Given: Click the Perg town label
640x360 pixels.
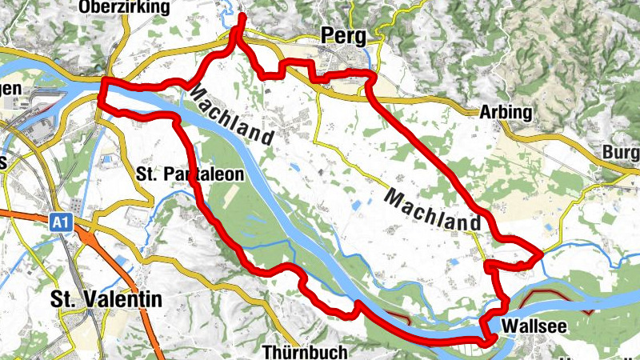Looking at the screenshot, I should pos(343,35).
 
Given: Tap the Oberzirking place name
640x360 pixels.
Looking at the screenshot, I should pos(125,8).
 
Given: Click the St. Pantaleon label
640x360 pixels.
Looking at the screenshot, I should pos(190,174).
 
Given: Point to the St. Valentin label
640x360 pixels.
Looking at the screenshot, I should pos(106,300).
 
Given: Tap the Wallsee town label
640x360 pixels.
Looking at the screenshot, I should pos(535,326).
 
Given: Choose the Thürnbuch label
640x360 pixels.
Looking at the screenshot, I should pos(305,352).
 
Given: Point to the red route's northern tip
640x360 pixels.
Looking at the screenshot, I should pos(242,16).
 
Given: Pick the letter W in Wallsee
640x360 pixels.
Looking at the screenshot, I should pos(512,326).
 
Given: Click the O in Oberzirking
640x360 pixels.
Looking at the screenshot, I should pos(86,8).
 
